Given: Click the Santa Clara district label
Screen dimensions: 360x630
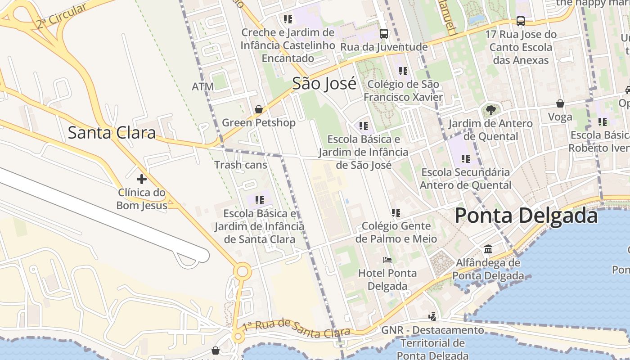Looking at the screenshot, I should tap(112, 133).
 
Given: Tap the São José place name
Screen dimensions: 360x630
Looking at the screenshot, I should tap(324, 84).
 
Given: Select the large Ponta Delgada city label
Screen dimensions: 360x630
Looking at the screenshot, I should tap(526, 216).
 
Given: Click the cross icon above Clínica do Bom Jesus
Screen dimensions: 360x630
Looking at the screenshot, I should tap(142, 179).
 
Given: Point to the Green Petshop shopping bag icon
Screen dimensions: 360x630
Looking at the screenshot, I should tap(259, 109).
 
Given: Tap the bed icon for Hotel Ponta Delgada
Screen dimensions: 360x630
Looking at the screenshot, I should tap(387, 260).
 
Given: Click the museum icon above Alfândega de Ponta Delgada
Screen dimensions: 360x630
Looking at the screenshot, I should tap(488, 249).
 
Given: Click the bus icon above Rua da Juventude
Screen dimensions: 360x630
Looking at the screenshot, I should tap(384, 33).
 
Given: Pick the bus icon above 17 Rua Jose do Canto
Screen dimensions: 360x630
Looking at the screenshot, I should tap(521, 21).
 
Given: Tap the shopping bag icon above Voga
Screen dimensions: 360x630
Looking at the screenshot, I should tap(560, 103).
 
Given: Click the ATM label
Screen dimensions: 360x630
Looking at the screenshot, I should tap(202, 87).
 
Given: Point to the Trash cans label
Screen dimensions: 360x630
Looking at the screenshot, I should tap(241, 165).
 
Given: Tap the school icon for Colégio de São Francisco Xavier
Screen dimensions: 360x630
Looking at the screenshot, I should tap(403, 71).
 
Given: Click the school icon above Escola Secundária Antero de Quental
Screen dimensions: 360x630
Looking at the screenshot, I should tap(466, 158).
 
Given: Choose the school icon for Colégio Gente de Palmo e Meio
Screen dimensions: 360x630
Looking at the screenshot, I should tap(396, 212).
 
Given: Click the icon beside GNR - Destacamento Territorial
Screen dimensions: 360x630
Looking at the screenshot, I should tap(432, 317).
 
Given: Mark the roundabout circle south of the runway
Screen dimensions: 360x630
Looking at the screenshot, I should tap(243, 271).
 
